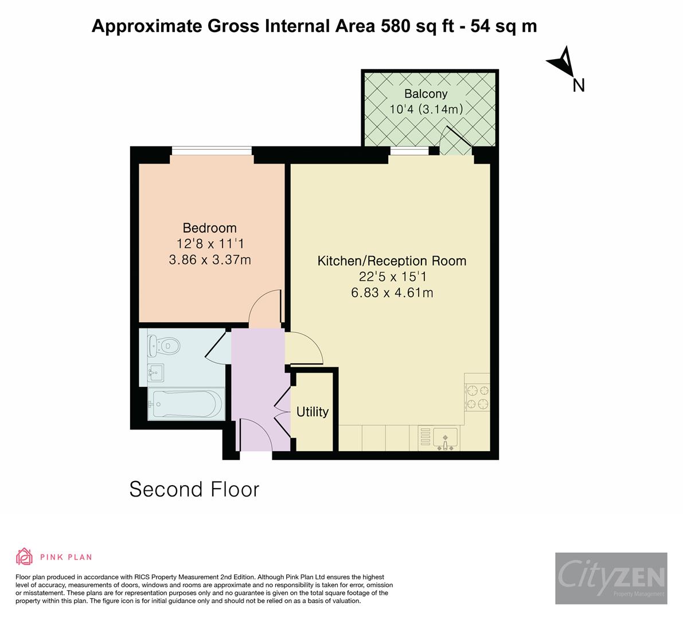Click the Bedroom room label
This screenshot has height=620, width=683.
pyautogui.click(x=209, y=227)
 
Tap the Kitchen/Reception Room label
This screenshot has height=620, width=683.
pyautogui.click(x=392, y=261)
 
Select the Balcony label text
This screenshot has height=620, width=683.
pyautogui.click(x=426, y=94)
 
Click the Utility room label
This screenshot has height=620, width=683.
pyautogui.click(x=313, y=412)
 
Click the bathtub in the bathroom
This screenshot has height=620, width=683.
pyautogui.click(x=185, y=404)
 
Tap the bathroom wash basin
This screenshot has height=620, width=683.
pyautogui.click(x=155, y=373)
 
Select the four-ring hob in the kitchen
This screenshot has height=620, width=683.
pyautogui.click(x=477, y=398)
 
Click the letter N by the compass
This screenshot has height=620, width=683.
pyautogui.click(x=579, y=86)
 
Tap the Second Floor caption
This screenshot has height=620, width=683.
pyautogui.click(x=194, y=489)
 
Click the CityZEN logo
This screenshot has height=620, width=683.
pyautogui.click(x=611, y=578)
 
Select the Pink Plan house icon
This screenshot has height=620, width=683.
pyautogui.click(x=25, y=556)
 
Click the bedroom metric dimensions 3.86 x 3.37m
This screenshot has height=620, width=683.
pyautogui.click(x=210, y=259)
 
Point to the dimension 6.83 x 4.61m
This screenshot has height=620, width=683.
pyautogui.click(x=392, y=292)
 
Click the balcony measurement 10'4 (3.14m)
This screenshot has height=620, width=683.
pyautogui.click(x=426, y=109)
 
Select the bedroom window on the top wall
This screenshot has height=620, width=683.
pyautogui.click(x=212, y=151)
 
